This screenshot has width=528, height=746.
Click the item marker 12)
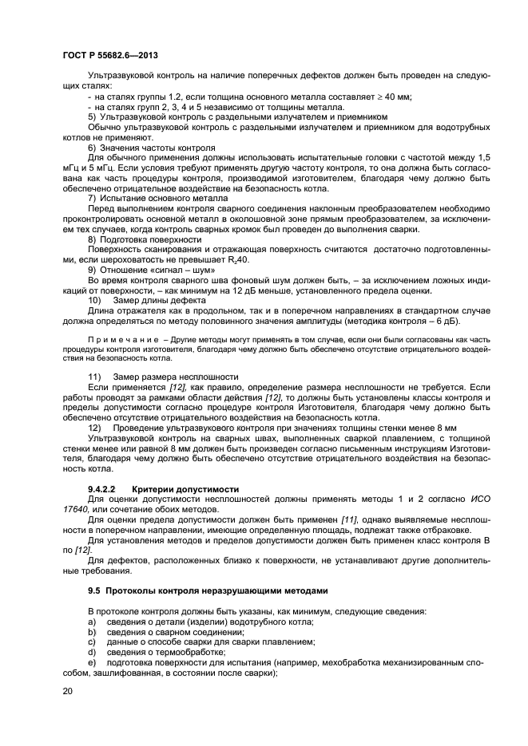click(93, 428)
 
